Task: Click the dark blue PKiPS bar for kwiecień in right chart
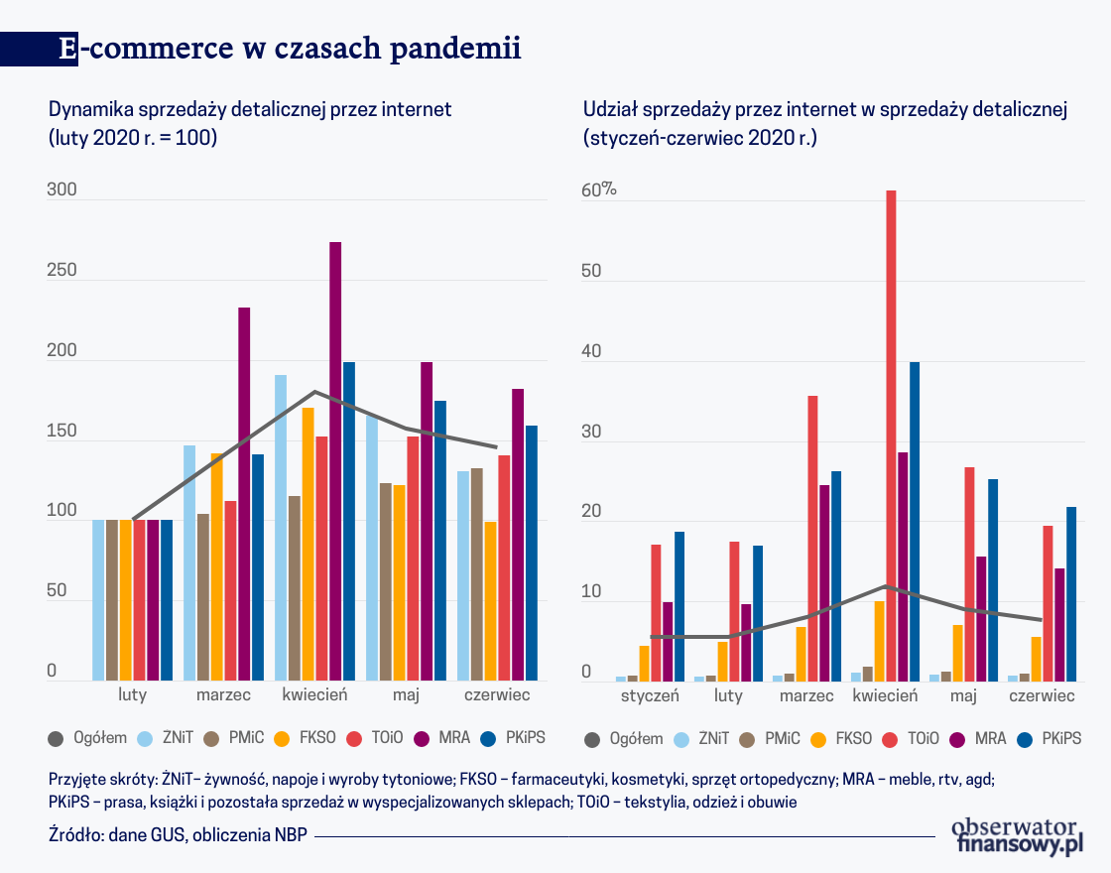[x=915, y=521]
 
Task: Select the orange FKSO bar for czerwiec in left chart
[x=490, y=600]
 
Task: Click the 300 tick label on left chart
[x=62, y=191]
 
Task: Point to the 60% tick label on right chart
[x=599, y=191]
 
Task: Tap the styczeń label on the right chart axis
[x=650, y=695]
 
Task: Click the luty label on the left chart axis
[x=133, y=694]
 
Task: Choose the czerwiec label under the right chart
[x=1042, y=695]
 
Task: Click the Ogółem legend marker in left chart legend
[x=58, y=738]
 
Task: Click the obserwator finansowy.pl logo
[x=1016, y=835]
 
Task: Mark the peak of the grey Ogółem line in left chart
[x=314, y=392]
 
